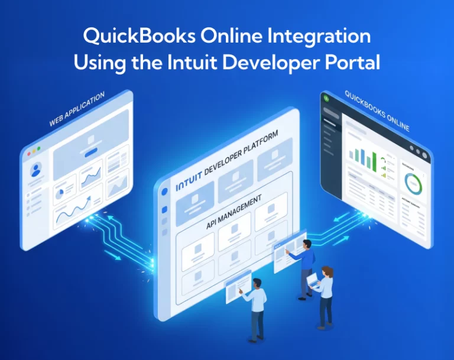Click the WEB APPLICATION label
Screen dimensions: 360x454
tap(77, 109)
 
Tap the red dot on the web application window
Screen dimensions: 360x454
tap(27, 153)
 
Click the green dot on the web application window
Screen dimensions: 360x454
tap(39, 148)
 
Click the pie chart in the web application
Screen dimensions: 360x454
tap(60, 193)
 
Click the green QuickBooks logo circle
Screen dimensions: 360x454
tap(326, 99)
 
